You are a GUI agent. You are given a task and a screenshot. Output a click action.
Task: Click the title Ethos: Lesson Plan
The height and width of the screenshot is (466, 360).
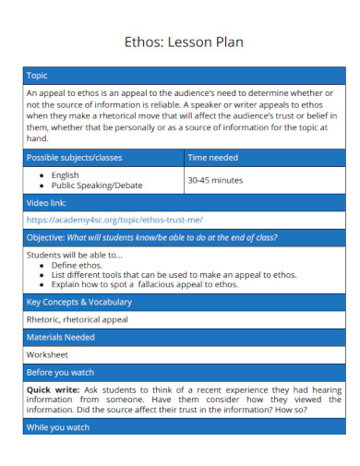coord(179,42)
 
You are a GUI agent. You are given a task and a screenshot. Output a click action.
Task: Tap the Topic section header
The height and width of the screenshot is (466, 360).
coord(38,76)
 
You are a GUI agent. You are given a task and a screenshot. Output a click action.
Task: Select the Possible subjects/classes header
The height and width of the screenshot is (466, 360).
coord(74,158)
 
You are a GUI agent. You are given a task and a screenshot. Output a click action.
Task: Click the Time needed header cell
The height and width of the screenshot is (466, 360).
coord(213,158)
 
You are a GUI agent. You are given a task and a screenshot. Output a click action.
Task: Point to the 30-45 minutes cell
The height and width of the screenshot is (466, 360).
coord(215,180)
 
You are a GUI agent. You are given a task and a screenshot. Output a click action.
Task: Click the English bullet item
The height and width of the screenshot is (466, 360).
coord(65,174)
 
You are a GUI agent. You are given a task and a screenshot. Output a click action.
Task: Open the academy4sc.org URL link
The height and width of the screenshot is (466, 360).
coord(114,220)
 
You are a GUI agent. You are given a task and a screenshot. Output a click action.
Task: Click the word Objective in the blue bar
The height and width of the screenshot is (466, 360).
coord(45,237)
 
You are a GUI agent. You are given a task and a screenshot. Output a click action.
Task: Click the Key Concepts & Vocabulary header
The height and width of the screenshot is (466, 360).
coord(79,302)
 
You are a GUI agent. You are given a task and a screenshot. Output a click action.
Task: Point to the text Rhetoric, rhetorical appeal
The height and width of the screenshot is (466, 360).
coord(78,319)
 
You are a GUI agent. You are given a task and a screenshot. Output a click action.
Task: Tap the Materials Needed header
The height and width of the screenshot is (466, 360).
coord(61,337)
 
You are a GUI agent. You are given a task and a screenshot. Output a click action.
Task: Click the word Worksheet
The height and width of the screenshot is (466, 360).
coord(48,354)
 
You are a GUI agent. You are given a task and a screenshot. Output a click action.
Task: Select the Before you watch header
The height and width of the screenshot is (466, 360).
coord(61,372)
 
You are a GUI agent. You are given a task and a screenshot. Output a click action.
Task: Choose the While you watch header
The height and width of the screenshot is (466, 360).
coord(58,427)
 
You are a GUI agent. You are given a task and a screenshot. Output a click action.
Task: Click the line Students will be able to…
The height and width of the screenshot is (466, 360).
coord(74,254)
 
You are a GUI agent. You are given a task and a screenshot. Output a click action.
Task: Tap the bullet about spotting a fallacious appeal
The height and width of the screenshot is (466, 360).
coord(144,284)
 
